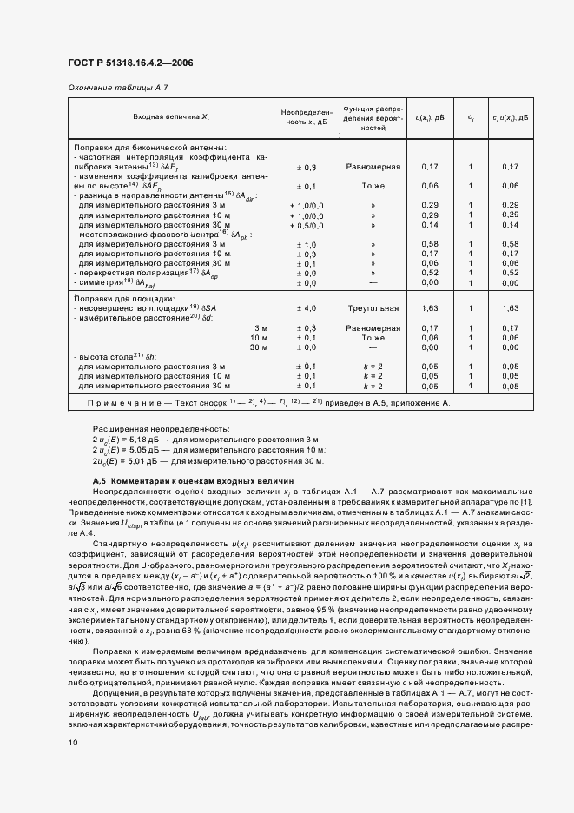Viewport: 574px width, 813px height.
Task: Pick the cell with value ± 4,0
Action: coord(307,307)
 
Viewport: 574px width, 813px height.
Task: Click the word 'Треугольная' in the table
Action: coord(373,307)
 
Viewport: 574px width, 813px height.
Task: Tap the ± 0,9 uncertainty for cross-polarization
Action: coord(307,273)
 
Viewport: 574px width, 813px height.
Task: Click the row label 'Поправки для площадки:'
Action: coord(119,298)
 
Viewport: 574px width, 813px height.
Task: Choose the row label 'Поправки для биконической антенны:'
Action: coord(150,148)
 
